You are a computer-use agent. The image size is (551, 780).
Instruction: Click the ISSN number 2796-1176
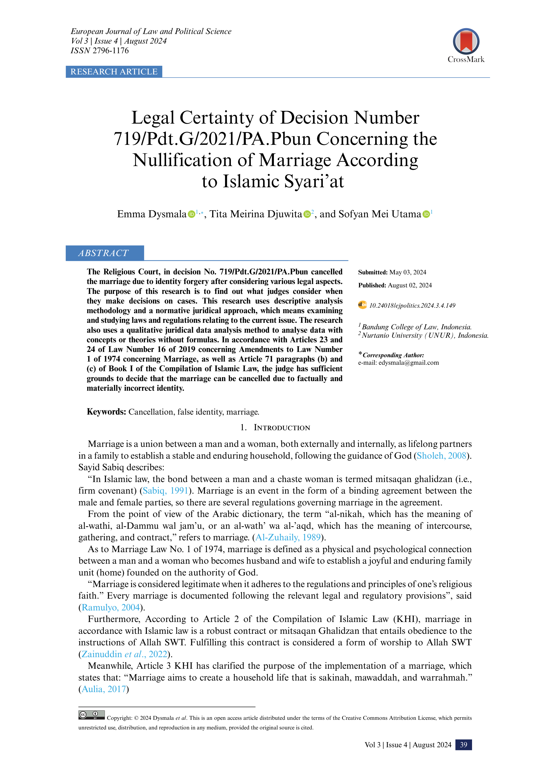tap(111, 51)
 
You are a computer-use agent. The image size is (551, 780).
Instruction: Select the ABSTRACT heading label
tap(104, 253)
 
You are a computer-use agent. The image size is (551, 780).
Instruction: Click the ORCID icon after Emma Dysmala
tap(191, 214)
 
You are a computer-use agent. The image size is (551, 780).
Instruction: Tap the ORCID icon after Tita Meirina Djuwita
tap(307, 214)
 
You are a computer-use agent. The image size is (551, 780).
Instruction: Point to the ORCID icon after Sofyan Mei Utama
tap(426, 214)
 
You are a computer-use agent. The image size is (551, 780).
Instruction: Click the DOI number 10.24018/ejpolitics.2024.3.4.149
tap(412, 305)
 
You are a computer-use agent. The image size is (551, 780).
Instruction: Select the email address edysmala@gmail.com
tap(409, 363)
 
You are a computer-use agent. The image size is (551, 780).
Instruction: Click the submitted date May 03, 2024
tap(408, 272)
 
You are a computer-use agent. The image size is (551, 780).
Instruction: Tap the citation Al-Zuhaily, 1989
tap(288, 537)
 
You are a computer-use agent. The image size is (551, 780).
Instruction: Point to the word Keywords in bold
tap(106, 412)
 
